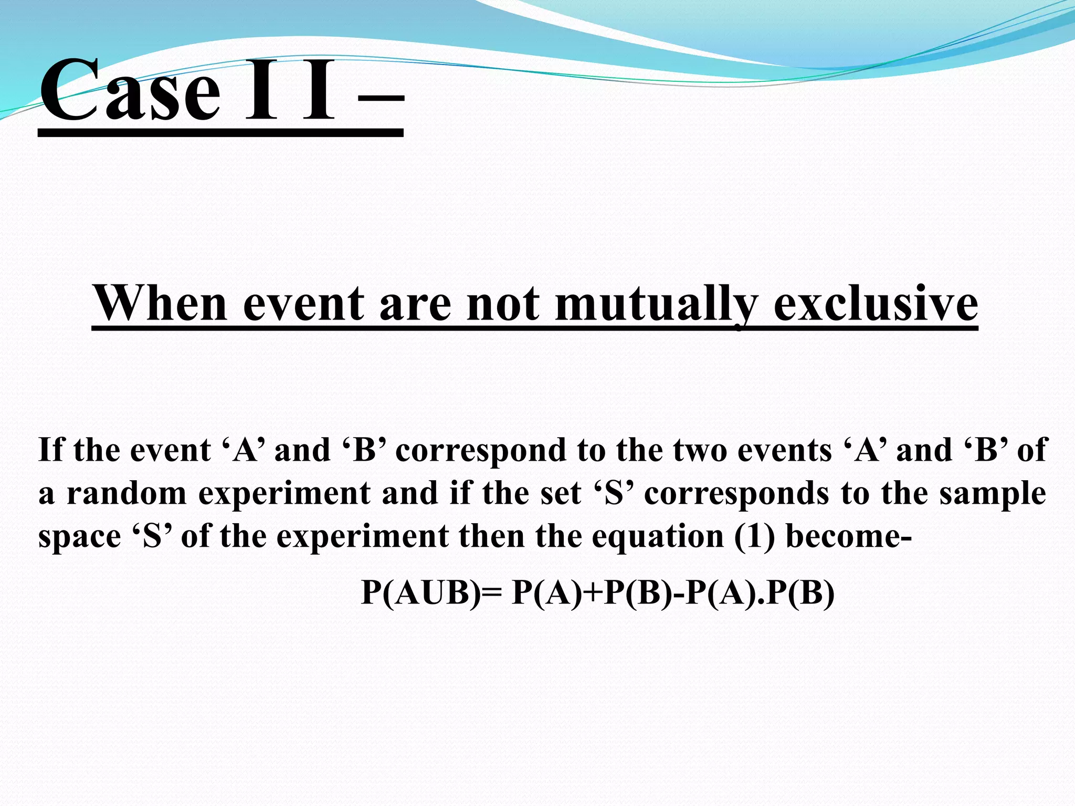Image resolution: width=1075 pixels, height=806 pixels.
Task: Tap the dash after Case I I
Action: [x=381, y=98]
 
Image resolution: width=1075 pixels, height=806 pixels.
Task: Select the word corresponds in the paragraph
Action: [x=735, y=494]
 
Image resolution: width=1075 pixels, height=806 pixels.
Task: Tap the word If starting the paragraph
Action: [x=51, y=450]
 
